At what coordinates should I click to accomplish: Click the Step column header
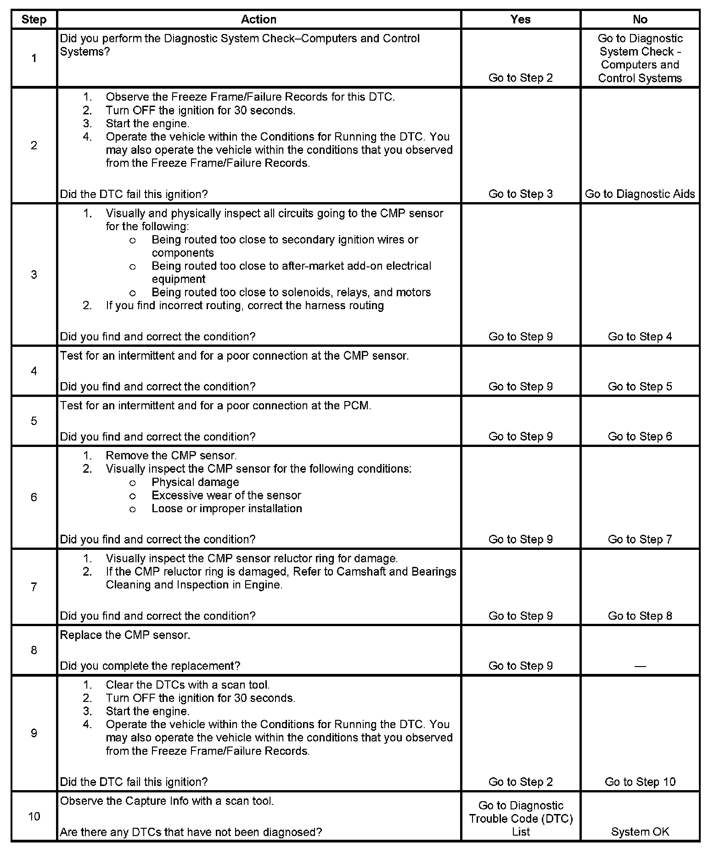[34, 19]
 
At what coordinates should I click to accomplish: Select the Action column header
[259, 19]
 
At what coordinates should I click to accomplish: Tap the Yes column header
[520, 19]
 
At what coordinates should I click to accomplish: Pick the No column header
[640, 19]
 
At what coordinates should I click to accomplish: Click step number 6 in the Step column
[34, 497]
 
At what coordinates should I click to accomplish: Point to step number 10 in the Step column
[34, 816]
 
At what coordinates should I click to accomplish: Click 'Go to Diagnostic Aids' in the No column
[640, 194]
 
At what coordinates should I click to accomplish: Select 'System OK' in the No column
[640, 831]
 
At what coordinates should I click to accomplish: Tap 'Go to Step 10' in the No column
[640, 782]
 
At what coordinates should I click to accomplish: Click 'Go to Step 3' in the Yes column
[520, 194]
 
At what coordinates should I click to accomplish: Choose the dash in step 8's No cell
[640, 666]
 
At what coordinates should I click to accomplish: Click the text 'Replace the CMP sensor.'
[125, 635]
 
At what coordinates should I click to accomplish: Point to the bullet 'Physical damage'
[195, 482]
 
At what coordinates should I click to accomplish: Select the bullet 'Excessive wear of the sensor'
[226, 495]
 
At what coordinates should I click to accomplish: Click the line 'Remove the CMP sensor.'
[171, 456]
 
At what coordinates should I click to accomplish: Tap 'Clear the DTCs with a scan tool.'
[187, 684]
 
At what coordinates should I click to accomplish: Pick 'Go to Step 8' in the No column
[640, 616]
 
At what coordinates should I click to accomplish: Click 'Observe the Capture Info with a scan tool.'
[167, 801]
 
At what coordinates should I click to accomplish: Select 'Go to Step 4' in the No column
[640, 336]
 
